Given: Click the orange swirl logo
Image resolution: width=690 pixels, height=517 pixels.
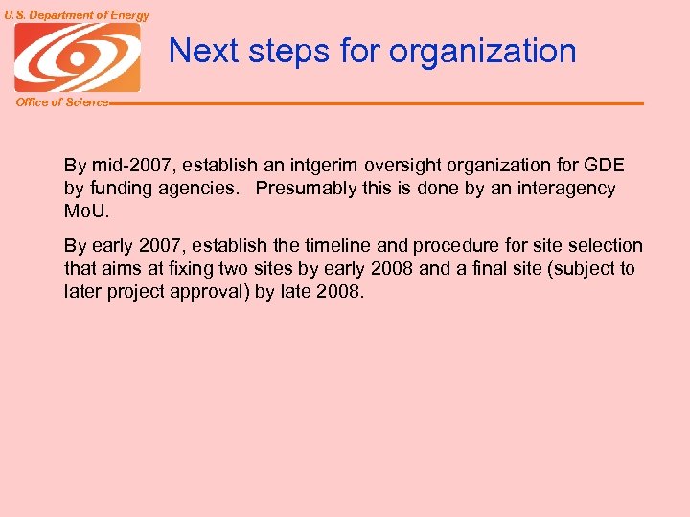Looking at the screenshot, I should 78,57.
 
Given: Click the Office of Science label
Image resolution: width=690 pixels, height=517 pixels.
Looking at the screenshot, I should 62,102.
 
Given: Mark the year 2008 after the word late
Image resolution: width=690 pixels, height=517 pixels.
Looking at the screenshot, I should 339,292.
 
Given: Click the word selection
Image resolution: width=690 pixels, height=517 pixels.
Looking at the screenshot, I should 605,246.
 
